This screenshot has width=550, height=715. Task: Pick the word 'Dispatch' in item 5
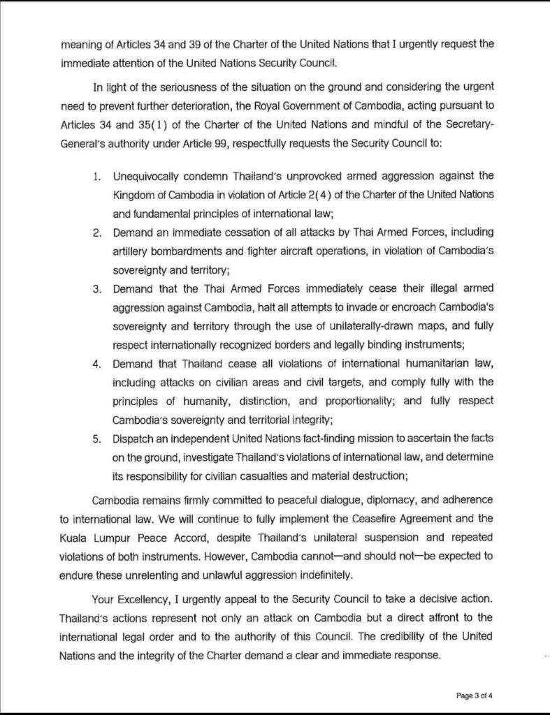point(132,438)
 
